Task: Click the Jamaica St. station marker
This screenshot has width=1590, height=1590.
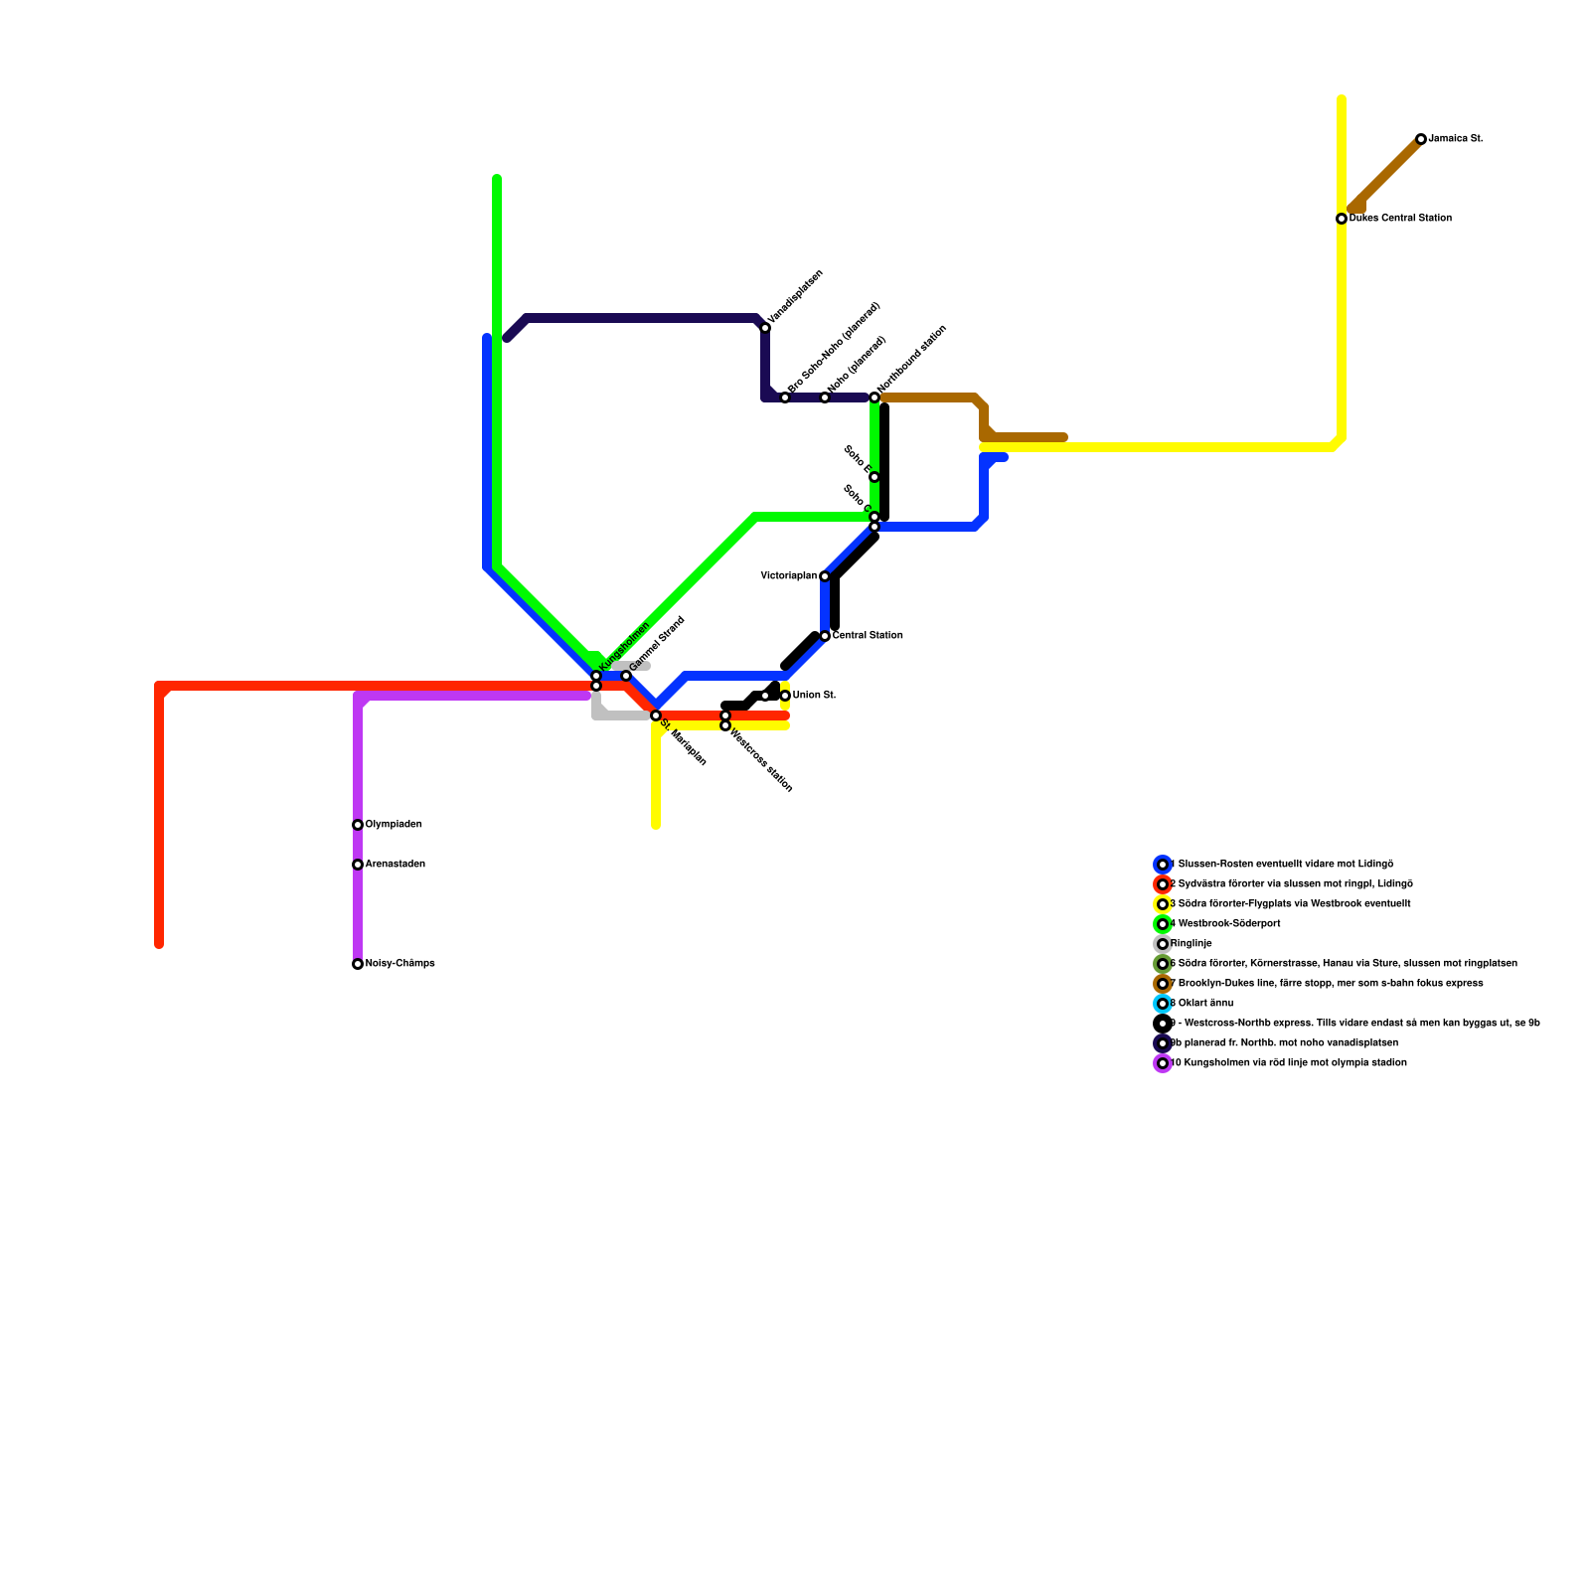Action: [1421, 139]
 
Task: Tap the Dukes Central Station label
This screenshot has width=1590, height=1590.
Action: [1400, 219]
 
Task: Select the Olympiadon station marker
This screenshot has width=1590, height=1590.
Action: [358, 825]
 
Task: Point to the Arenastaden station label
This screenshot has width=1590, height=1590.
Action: [395, 865]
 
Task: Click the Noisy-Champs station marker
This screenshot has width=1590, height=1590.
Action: [358, 964]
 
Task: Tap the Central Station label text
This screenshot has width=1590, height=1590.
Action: [868, 636]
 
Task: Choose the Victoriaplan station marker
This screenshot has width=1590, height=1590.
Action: [825, 576]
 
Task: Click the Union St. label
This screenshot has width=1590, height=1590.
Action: [814, 696]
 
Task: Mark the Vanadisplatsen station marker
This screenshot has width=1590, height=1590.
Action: [765, 328]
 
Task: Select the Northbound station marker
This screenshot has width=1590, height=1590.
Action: [874, 397]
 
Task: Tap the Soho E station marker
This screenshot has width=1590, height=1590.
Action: [874, 477]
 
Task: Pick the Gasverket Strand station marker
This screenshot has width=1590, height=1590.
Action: [626, 676]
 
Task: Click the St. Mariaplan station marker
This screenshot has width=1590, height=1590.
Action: [656, 715]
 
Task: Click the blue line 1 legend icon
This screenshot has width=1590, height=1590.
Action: [1163, 865]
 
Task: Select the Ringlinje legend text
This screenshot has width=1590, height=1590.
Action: [1192, 944]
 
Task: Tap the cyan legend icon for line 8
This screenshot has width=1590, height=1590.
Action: [1163, 1004]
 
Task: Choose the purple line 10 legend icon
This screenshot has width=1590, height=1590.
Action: [1163, 1063]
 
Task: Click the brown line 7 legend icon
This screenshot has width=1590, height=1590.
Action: [1163, 984]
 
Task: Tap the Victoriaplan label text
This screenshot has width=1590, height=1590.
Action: [788, 576]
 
